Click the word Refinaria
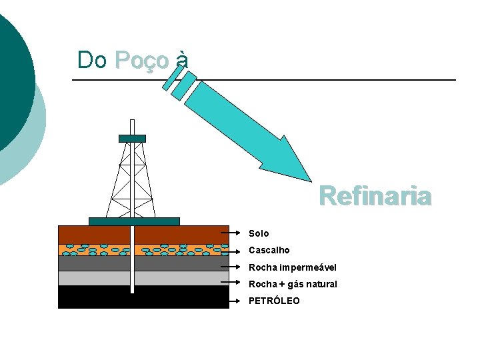pos(375,197)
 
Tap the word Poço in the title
pos(142,60)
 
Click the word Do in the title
pos(92,60)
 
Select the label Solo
pos(259,233)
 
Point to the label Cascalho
pos(269,250)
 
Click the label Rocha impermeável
pos(293,267)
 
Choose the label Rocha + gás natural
pos(293,284)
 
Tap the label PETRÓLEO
pos(274,301)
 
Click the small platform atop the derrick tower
pos(132,139)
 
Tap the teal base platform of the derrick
pos(134,221)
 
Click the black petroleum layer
pos(93,297)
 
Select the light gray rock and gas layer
pos(93,278)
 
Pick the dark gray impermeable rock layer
pos(93,263)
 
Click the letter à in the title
pos(182,60)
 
